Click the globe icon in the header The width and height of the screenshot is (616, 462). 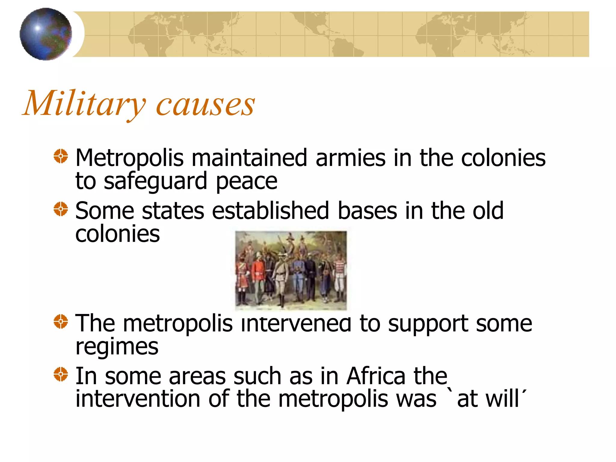(46, 34)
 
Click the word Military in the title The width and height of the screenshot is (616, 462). (84, 104)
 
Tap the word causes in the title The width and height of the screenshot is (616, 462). (205, 105)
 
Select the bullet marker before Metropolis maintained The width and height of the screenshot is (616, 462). (61, 156)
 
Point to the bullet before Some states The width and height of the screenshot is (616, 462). (61, 209)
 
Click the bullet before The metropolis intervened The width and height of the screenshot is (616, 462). (61, 322)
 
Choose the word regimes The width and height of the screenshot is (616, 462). (117, 347)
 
